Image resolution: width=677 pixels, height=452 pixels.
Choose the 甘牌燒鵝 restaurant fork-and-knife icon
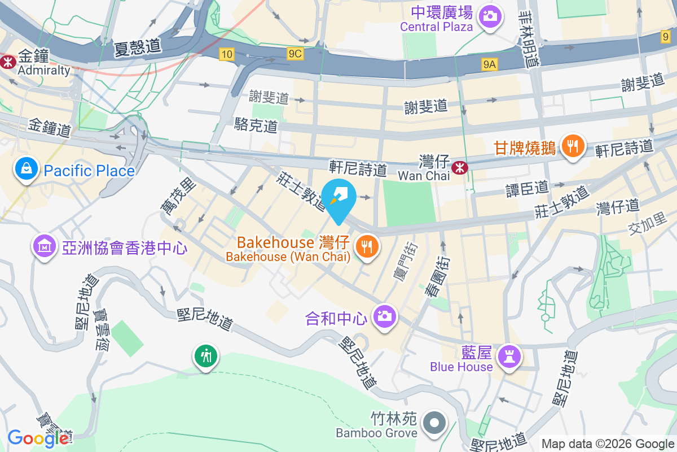573,147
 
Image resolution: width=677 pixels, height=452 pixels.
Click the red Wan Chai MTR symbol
459,167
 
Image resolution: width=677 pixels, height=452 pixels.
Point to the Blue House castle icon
509,357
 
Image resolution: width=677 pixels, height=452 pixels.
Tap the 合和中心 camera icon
385,315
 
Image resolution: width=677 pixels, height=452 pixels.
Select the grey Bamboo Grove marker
435,423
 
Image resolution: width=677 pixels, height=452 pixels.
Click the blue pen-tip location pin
340,195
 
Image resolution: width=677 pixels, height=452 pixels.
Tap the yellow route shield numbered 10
226,54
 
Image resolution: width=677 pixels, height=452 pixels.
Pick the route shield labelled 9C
295,54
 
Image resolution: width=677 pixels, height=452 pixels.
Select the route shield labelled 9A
489,64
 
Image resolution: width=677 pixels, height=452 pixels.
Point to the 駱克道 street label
256,125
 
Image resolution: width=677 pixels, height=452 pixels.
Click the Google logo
37,438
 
